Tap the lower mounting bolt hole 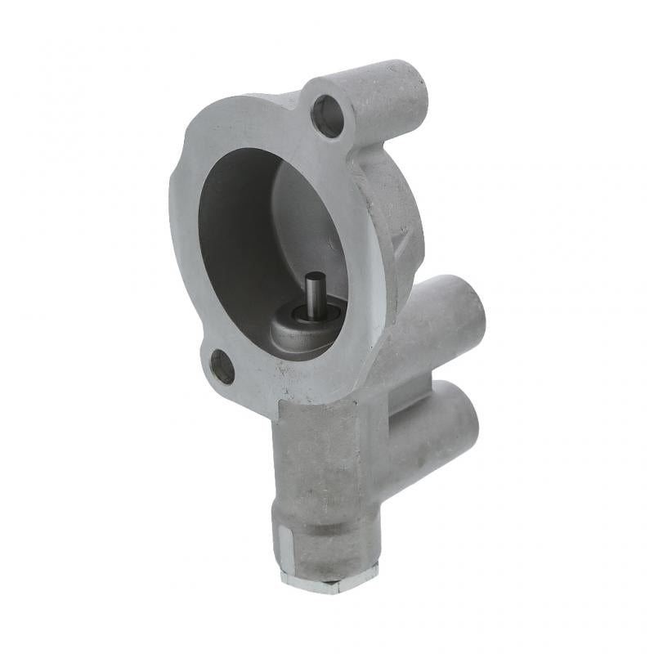(x=222, y=367)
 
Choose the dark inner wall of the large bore (x=237, y=245)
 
